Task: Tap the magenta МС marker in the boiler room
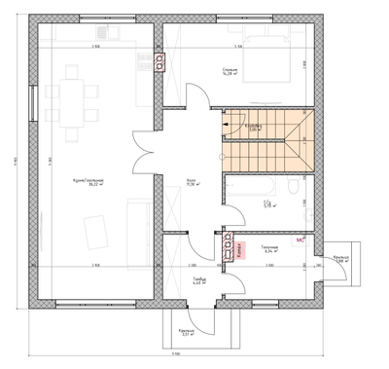[301, 239]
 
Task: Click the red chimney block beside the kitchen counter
[159, 61]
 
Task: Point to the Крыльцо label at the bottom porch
[188, 333]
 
